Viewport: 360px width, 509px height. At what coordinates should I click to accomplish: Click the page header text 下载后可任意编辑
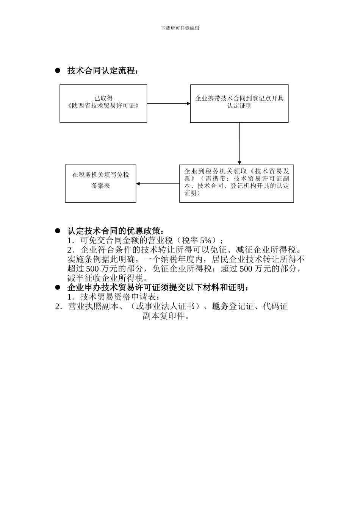pyautogui.click(x=180, y=28)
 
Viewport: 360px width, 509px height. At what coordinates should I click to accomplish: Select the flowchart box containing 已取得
pyautogui.click(x=103, y=103)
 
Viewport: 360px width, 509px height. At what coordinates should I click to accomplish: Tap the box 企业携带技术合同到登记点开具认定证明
pyautogui.click(x=239, y=103)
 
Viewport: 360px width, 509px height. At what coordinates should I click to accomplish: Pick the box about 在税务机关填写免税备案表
pyautogui.click(x=100, y=183)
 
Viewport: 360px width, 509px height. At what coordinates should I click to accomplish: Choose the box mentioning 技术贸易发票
pyautogui.click(x=236, y=183)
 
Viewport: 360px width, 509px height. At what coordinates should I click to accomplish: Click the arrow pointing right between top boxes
pyautogui.click(x=168, y=103)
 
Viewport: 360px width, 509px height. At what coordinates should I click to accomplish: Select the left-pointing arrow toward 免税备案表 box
pyautogui.click(x=157, y=184)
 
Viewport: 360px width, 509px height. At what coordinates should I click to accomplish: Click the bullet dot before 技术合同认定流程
pyautogui.click(x=58, y=71)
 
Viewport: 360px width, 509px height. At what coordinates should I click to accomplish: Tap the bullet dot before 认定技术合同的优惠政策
pyautogui.click(x=58, y=231)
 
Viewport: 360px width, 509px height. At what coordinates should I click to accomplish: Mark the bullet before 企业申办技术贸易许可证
pyautogui.click(x=58, y=287)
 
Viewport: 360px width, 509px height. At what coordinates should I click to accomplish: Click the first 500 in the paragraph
pyautogui.click(x=92, y=269)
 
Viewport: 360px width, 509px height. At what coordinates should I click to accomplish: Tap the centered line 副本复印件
pyautogui.click(x=166, y=316)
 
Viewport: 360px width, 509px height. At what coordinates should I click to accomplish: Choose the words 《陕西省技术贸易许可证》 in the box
pyautogui.click(x=103, y=106)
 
